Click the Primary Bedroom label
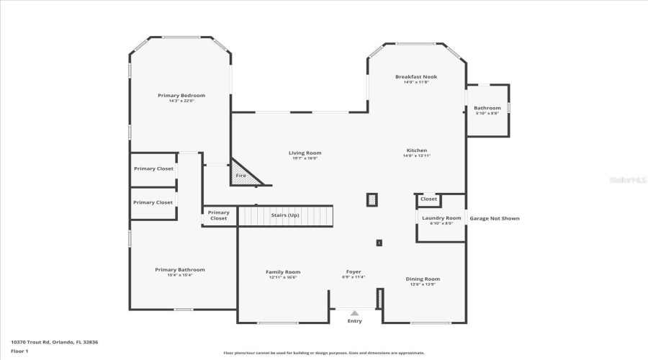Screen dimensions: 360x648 pyautogui.click(x=181, y=95)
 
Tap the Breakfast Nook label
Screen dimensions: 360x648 pyautogui.click(x=416, y=76)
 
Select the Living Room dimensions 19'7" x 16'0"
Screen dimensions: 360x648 pyautogui.click(x=305, y=158)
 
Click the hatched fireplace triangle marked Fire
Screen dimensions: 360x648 pyautogui.click(x=241, y=175)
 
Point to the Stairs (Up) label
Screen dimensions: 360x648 pyautogui.click(x=285, y=215)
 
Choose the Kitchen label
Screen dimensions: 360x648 pyautogui.click(x=416, y=150)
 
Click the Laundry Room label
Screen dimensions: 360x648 pyautogui.click(x=441, y=217)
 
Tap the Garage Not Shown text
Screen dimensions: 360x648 pyautogui.click(x=494, y=218)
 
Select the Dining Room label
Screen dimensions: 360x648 pyautogui.click(x=423, y=279)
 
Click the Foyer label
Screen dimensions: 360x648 pyautogui.click(x=353, y=271)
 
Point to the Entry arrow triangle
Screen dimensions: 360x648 pyautogui.click(x=354, y=313)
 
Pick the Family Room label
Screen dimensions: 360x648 pyautogui.click(x=283, y=271)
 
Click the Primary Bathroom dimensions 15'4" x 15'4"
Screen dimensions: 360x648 pyautogui.click(x=180, y=275)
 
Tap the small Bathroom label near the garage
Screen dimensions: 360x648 pyautogui.click(x=487, y=108)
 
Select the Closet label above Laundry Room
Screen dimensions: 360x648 pyautogui.click(x=428, y=199)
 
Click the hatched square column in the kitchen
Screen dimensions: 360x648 pyautogui.click(x=372, y=199)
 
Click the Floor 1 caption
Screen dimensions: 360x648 pyautogui.click(x=19, y=351)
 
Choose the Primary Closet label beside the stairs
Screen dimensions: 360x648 pyautogui.click(x=218, y=215)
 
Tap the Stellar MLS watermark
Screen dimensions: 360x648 pyautogui.click(x=628, y=180)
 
